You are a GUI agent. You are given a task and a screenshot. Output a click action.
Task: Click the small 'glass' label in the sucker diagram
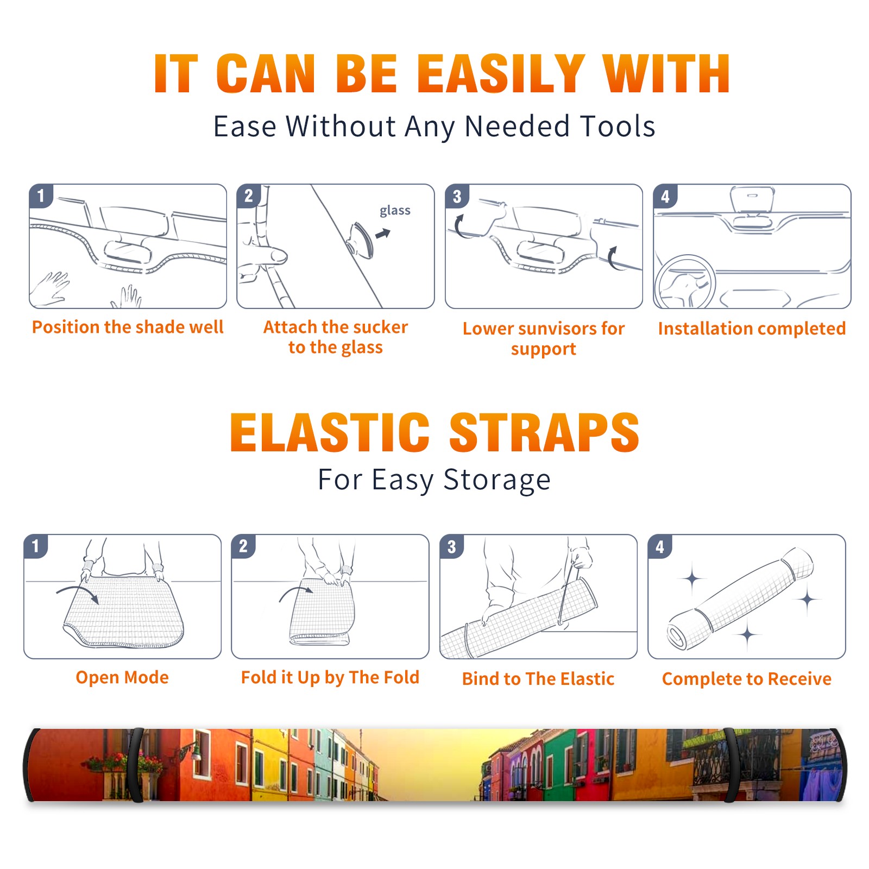point(395,210)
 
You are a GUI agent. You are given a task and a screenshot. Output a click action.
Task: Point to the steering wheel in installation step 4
point(684,282)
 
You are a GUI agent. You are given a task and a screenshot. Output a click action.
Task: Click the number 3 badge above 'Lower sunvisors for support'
point(457,196)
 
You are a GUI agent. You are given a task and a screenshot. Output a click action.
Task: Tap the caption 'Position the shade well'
point(128,327)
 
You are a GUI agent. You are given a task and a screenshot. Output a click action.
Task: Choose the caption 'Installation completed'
point(752,328)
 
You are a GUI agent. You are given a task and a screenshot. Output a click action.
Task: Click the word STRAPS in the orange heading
point(544,432)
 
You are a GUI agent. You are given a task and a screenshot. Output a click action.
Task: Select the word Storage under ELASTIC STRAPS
point(497,480)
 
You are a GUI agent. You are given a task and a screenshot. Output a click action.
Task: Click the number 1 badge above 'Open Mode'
point(36,546)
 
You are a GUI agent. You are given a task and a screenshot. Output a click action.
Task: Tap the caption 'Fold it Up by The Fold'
point(330,677)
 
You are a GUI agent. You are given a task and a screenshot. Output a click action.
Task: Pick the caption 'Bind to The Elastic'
point(538,678)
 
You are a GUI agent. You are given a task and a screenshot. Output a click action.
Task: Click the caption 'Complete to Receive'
point(747,678)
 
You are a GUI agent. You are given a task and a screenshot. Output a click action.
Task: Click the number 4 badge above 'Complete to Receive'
point(660,546)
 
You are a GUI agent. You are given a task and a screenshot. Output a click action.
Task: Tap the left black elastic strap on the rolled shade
point(136,765)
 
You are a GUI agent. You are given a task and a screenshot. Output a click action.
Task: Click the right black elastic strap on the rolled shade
point(730,765)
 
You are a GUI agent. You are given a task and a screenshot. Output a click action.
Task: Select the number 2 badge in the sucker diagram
point(249,196)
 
